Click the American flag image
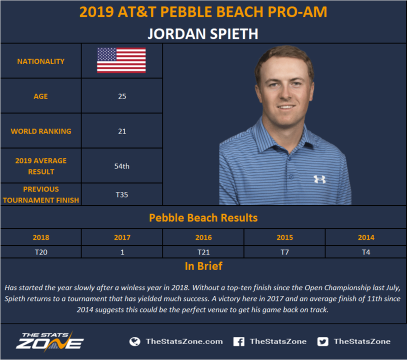[121, 60]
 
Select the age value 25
[122, 96]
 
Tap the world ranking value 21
[122, 131]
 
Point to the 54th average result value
[121, 166]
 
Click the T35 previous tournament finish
[121, 194]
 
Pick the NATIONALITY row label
[41, 61]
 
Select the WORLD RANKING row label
[41, 131]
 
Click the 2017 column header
[122, 237]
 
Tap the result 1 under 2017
[122, 252]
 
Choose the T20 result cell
[41, 252]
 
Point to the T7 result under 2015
[284, 252]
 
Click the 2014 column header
[366, 237]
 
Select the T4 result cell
[366, 252]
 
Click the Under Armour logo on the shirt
[319, 179]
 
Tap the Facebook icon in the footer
[239, 341]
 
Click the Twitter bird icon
[322, 341]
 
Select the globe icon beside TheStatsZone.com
[134, 341]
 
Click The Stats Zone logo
[50, 342]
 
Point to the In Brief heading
[203, 266]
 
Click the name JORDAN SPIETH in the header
[203, 33]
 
